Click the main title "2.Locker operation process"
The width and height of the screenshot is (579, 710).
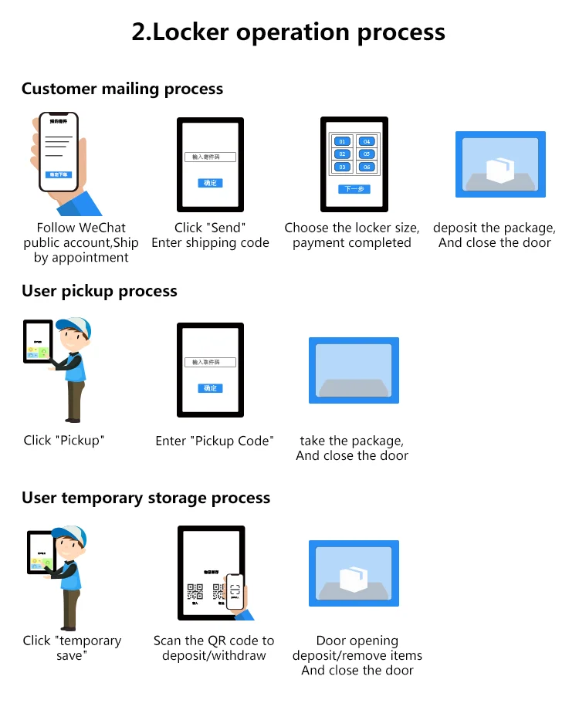coord(289,32)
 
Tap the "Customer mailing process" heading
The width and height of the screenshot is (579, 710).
coord(122,89)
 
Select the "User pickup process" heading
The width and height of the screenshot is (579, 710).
coord(100,291)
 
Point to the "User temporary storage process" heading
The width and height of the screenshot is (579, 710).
coord(146,498)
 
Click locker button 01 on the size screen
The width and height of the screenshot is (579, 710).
coord(343,141)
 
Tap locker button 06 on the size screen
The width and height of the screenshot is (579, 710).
coord(367,167)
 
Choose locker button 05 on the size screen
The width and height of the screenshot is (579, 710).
coord(367,154)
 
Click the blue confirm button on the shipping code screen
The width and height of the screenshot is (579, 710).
coord(210,183)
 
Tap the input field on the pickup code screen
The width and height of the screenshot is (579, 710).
coord(210,363)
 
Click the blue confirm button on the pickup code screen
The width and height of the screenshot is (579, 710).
coord(210,388)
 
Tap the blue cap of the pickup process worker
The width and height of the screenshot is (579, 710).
coord(73,327)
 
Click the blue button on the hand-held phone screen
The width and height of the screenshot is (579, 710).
coord(59,175)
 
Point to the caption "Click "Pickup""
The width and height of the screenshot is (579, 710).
coord(64,441)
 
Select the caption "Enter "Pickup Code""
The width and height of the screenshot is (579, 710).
coord(215,441)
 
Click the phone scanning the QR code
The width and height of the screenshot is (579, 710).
coord(235,592)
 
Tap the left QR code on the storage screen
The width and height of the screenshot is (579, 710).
coord(195,592)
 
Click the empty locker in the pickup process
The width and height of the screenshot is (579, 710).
coord(354,370)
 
